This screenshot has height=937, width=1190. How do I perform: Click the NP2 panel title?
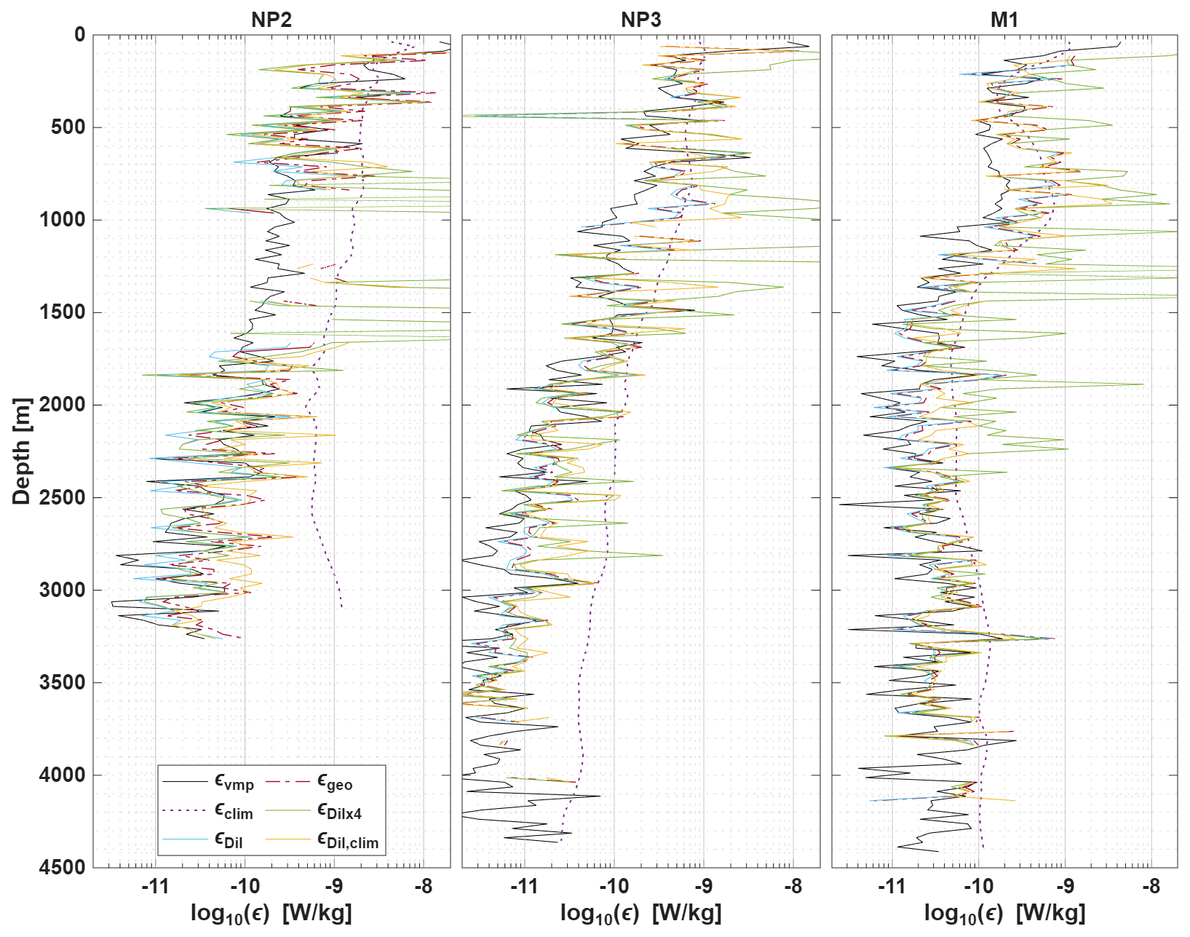[271, 20]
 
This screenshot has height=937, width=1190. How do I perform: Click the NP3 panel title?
[640, 20]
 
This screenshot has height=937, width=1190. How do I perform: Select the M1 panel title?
[1004, 20]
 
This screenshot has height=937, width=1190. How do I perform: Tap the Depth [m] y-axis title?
[23, 451]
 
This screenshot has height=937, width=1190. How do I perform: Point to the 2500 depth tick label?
[61, 497]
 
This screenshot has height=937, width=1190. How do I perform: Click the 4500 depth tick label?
[61, 867]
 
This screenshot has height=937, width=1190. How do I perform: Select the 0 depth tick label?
[79, 34]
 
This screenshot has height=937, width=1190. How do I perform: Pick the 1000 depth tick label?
[61, 219]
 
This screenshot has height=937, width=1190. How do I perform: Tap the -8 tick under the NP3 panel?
[793, 886]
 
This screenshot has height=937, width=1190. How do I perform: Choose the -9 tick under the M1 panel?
[1065, 886]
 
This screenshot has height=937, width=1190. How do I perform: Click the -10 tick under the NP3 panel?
[614, 886]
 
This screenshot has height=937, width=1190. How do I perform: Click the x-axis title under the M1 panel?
[1004, 913]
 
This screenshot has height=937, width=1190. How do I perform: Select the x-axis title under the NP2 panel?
[271, 913]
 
